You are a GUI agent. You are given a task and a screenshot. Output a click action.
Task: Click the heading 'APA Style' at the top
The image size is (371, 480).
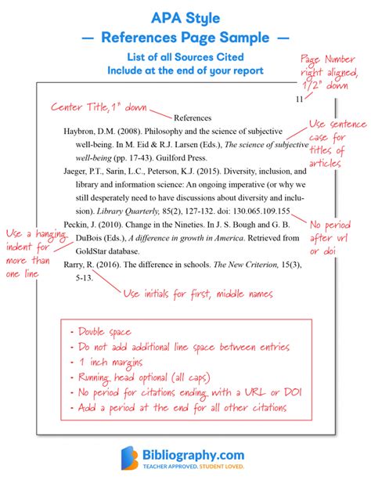point(185,15)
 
